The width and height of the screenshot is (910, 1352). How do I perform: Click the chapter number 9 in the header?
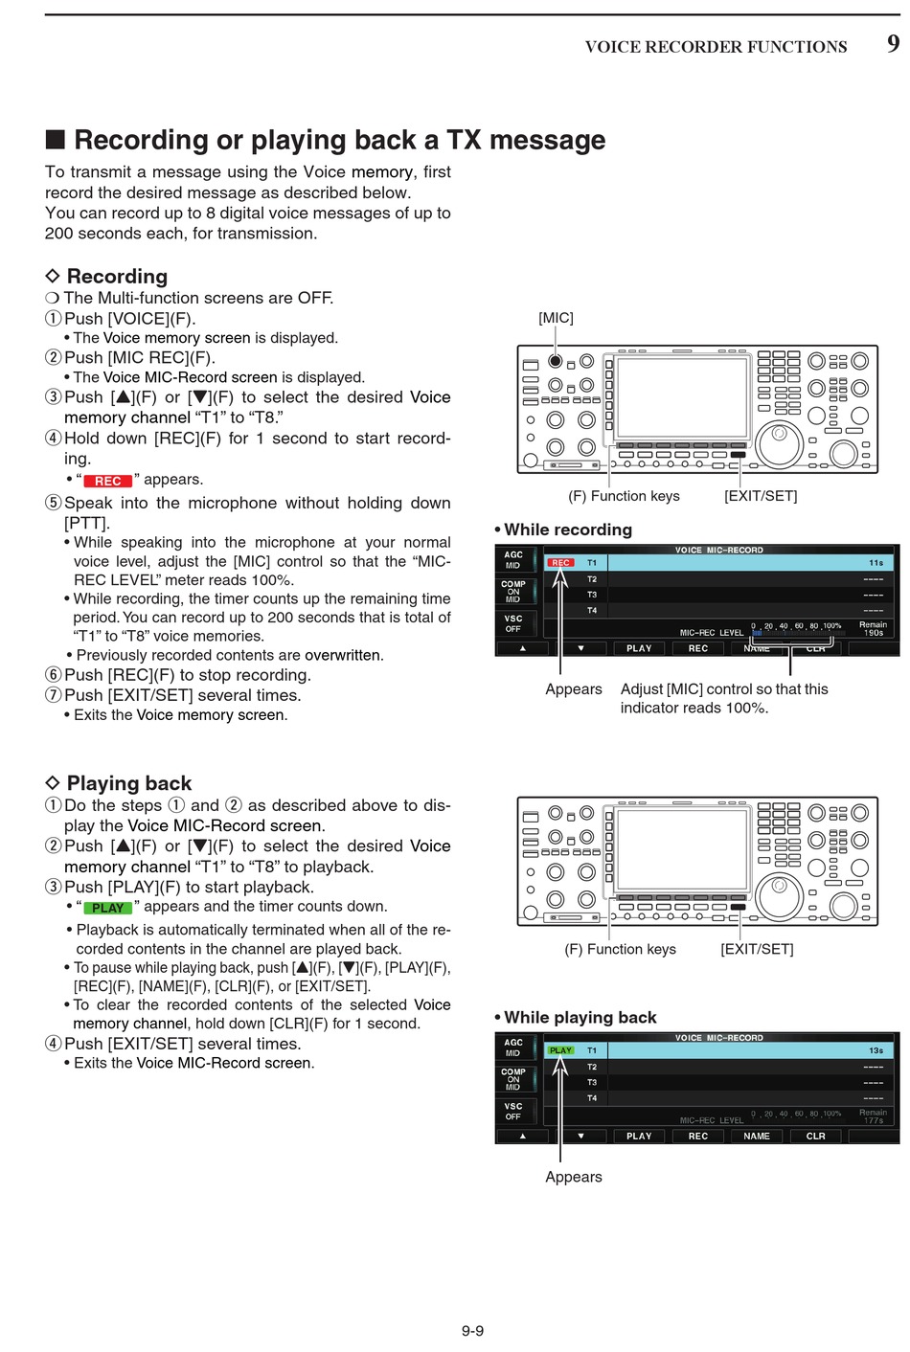coord(893,43)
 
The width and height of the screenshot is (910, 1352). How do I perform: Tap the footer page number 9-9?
coord(472,1330)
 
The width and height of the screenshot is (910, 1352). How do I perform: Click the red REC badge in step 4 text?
coord(107,481)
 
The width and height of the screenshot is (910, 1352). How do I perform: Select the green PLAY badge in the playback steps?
coord(107,908)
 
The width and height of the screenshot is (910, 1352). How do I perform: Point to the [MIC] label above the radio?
coord(556,318)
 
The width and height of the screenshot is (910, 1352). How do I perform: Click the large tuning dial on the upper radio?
coord(779,442)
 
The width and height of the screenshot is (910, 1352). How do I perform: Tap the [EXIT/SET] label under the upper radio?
coord(761,496)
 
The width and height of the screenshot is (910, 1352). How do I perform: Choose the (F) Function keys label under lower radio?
coord(620,949)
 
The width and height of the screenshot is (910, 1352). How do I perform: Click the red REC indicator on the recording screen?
coord(560,563)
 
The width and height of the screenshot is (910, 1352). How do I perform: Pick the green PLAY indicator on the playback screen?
coord(560,1050)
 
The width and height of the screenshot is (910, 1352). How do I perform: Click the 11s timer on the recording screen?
coord(876,563)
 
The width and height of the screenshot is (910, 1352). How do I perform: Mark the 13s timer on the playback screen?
coord(876,1050)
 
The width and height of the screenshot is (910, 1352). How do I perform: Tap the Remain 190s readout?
coord(873,629)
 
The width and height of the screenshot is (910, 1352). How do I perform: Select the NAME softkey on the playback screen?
coord(757,1136)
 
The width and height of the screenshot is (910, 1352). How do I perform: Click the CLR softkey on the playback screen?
coord(815,1136)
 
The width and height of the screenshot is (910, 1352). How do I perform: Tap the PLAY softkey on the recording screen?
coord(639,648)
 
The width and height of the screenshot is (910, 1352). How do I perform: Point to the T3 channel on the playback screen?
coord(592,1082)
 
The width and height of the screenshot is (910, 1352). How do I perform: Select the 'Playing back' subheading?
coord(128,783)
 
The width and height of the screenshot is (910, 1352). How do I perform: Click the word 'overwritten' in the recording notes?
coord(343,655)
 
